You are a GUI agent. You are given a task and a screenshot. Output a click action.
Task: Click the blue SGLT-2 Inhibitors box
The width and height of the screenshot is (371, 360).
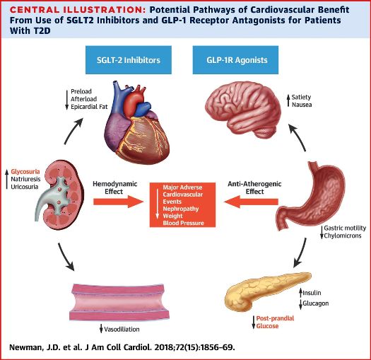(x=129, y=60)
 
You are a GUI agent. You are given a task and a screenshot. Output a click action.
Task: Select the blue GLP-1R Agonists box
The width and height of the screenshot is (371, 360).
(x=235, y=60)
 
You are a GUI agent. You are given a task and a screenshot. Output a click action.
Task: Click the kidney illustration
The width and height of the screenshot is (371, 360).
(x=59, y=194)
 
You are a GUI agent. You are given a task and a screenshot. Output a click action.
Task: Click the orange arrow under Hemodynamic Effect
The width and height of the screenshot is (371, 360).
(x=119, y=202)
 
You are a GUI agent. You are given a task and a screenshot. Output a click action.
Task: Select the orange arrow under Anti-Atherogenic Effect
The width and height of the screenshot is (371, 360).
(x=251, y=202)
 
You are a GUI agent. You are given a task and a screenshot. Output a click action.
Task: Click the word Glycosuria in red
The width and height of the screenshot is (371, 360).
(x=25, y=172)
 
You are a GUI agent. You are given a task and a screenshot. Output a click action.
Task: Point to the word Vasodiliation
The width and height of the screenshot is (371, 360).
(x=122, y=329)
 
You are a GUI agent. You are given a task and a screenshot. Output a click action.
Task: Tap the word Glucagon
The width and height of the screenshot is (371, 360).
(x=316, y=303)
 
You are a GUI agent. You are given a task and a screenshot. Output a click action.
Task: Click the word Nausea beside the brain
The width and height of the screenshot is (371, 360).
(x=302, y=105)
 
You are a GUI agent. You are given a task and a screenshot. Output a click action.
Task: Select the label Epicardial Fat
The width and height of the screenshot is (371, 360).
(x=89, y=107)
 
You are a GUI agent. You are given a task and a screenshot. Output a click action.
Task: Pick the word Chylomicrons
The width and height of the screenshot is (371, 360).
(x=343, y=236)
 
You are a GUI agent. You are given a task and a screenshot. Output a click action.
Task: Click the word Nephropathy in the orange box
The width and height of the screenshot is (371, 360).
(x=181, y=209)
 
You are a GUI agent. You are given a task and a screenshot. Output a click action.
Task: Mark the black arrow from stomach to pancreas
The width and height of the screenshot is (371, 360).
(x=300, y=253)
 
